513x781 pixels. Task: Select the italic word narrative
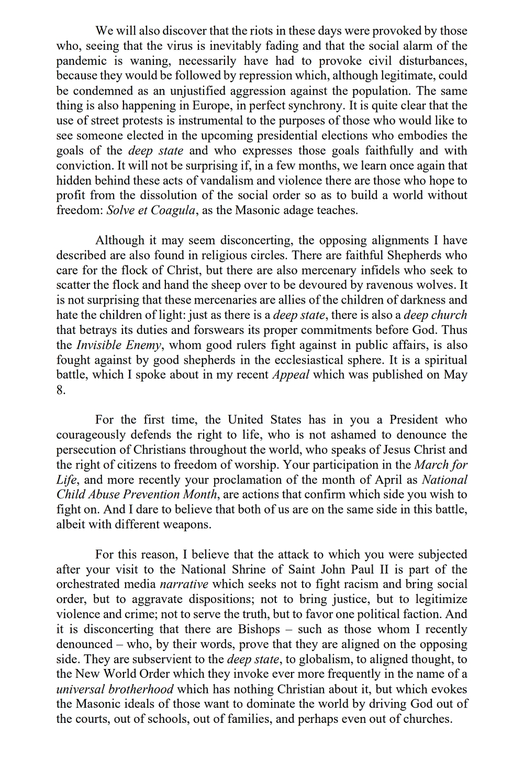[x=184, y=584]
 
